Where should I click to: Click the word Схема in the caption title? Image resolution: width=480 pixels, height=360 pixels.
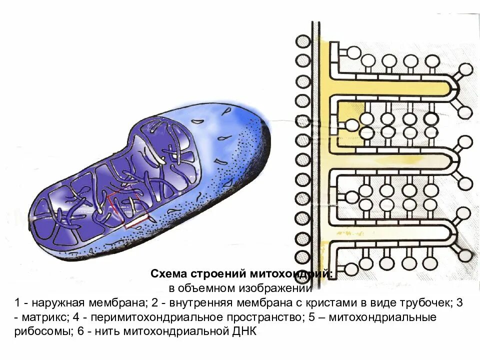pyautogui.click(x=168, y=274)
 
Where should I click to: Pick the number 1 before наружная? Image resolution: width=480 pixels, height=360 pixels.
pyautogui.click(x=17, y=303)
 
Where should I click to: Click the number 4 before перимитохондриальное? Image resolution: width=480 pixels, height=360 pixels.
pyautogui.click(x=75, y=317)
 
